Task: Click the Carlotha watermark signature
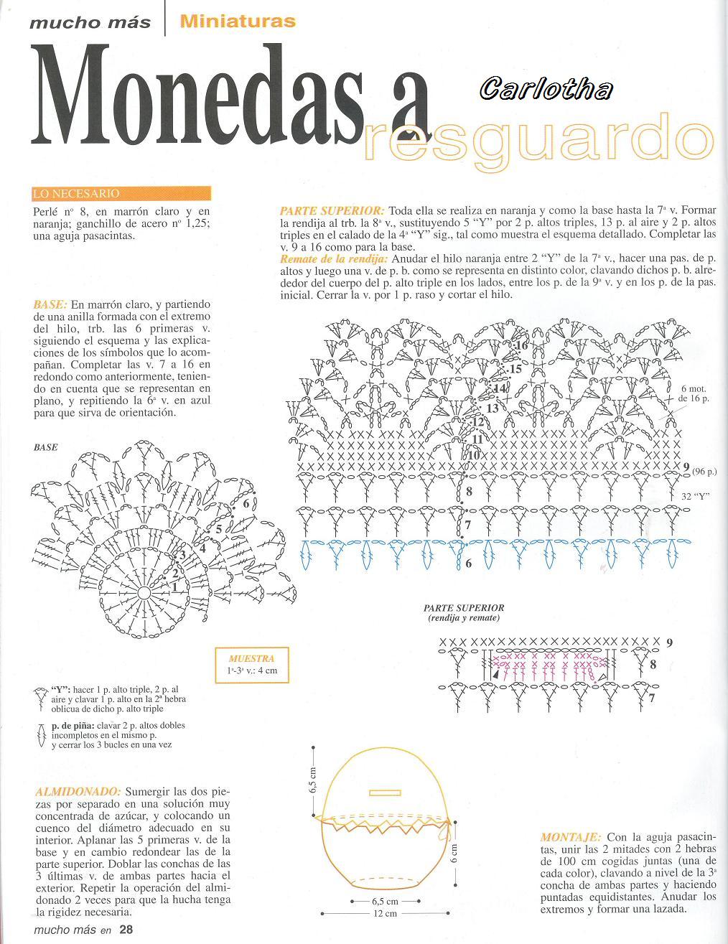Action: click(546, 89)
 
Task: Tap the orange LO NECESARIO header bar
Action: click(121, 194)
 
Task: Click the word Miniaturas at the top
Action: click(238, 21)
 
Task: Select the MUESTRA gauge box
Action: click(252, 665)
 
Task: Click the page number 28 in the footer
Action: click(126, 930)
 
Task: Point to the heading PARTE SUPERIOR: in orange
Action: click(332, 211)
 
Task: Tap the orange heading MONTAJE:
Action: click(571, 838)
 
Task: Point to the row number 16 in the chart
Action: click(521, 346)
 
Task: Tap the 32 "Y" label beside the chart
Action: click(694, 496)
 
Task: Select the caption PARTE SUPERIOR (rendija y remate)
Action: click(463, 612)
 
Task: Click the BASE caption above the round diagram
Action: click(46, 447)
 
